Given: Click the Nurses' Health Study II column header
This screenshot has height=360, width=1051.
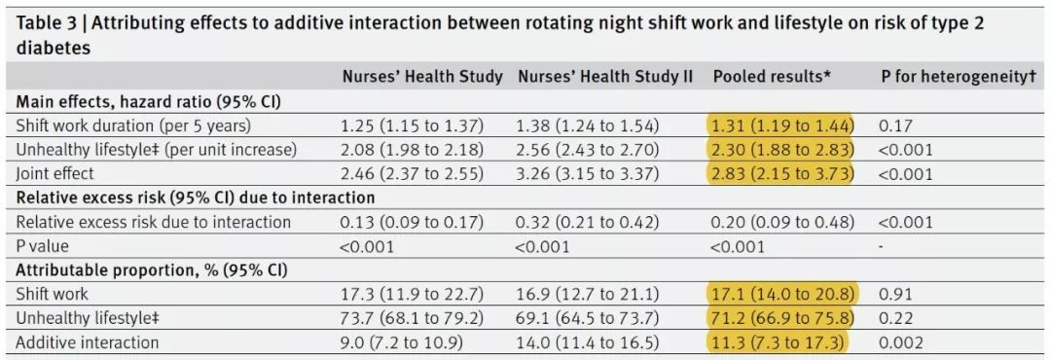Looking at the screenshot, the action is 605,77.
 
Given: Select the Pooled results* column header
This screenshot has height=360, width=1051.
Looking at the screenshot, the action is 772,77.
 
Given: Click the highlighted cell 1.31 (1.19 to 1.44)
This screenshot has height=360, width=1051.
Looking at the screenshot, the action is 782,125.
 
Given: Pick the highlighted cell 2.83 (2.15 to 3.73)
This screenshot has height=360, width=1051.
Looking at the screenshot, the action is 782,173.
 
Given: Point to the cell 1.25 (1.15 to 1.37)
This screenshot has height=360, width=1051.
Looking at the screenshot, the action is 413,125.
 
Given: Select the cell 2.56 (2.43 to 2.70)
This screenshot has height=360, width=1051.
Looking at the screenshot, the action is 589,149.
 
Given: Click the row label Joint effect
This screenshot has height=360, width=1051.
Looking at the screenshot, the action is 54,173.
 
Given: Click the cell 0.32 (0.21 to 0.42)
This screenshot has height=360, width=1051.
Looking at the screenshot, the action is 589,222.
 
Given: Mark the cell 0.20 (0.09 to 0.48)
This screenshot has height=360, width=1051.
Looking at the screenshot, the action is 782,222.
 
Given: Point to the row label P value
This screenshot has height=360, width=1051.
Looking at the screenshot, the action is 42,246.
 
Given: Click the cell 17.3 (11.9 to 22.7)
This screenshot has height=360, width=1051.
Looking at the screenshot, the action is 413,294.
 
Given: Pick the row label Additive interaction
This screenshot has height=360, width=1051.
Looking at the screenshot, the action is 88,342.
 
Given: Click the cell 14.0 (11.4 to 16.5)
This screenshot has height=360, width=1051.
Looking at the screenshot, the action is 589,342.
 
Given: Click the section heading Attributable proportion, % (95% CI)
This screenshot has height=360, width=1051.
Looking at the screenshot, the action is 151,270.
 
